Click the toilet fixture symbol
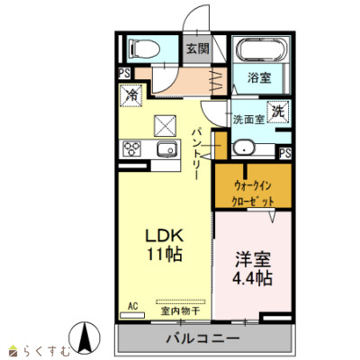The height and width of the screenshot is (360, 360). pos(144,49)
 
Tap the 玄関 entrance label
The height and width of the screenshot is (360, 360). pos(198,49)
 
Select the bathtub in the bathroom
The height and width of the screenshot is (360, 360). pos(260,49)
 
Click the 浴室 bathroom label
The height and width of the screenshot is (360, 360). pos(259,78)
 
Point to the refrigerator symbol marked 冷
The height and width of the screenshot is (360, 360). pos(131,95)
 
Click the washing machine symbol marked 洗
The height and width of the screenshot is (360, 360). pos(278,112)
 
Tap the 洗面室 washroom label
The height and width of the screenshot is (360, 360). pos(248,120)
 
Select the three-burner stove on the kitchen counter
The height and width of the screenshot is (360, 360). pos(132,148)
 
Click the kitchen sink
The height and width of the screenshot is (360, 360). pos(166,148)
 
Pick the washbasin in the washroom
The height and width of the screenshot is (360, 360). pos(244,148)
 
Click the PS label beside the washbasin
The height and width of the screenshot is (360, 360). pos(284,154)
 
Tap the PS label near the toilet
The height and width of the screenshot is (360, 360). pos(124,73)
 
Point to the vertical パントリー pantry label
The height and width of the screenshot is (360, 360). pos(197,154)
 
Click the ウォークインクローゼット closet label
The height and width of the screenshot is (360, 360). pos(253,193)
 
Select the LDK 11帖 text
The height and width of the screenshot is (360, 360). pos(164,245)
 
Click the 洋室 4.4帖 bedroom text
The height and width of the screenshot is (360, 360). pos(253,269)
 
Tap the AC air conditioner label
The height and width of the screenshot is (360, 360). pos(132,306)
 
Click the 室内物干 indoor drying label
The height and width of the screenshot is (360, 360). pos(180,311)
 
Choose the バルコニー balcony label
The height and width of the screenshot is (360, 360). pos(203,339)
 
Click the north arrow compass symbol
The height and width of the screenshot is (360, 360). pos(85,337)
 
